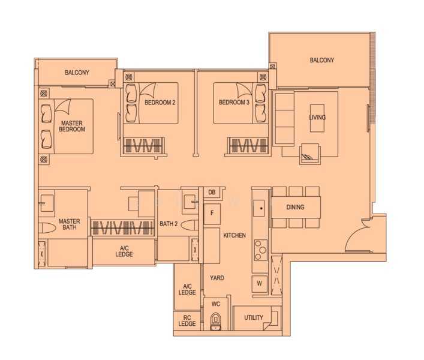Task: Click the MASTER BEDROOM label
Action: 72,127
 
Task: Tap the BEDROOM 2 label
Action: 160,103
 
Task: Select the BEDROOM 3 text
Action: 234,102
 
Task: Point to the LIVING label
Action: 317,118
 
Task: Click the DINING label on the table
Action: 295,207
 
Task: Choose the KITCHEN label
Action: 234,235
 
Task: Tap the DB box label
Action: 212,192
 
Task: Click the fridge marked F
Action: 212,214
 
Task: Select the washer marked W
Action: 260,284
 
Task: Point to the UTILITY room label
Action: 254,317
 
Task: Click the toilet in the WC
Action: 216,321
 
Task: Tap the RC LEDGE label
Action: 187,320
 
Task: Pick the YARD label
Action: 217,278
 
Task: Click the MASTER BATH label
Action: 69,224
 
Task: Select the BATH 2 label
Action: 169,224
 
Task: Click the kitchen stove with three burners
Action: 261,250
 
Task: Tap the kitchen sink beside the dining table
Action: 259,208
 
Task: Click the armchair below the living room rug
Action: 310,154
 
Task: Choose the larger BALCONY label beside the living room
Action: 322,60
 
